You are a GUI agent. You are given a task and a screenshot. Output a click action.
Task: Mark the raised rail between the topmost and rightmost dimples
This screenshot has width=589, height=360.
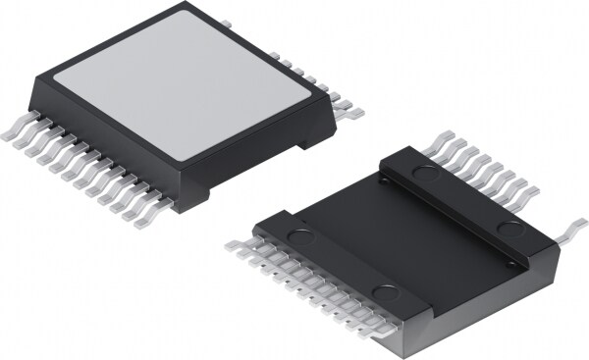466,200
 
